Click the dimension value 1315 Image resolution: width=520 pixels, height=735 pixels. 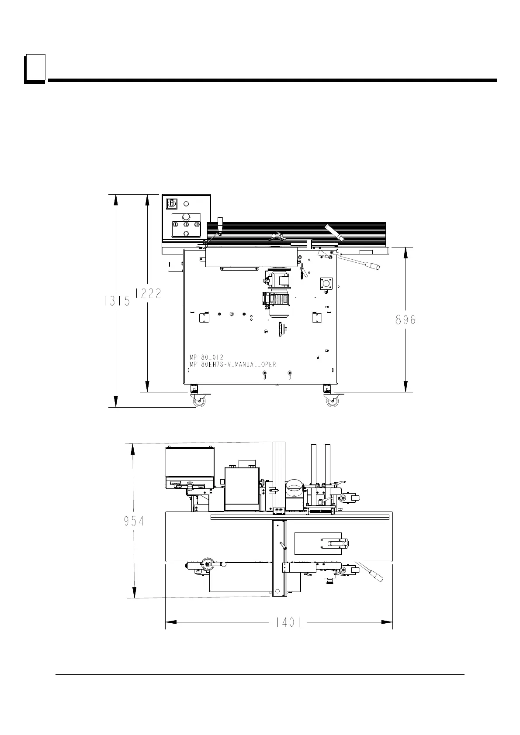coord(117,301)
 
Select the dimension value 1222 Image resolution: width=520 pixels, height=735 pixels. coord(148,293)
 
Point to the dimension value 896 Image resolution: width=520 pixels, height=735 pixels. coord(406,319)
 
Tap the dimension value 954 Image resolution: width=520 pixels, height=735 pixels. coord(134,521)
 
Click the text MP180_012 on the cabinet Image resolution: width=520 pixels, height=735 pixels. coord(207,357)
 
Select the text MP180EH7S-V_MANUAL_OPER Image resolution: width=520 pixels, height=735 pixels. coord(232,364)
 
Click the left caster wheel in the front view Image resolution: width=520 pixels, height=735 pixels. coord(199,401)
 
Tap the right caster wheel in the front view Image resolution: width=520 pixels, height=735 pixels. coord(332,401)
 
